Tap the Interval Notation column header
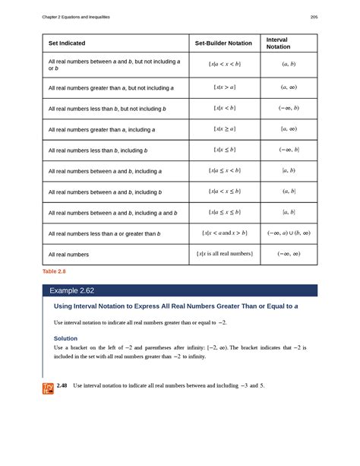(277, 43)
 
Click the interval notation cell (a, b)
(289, 65)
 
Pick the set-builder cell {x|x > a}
(224, 88)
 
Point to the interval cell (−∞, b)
(289, 109)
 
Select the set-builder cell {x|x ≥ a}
(224, 130)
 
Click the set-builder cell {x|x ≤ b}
(224, 151)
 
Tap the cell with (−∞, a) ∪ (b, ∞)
(289, 233)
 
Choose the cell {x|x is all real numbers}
(224, 253)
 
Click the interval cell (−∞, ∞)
(289, 253)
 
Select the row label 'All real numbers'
(68, 254)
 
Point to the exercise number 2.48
(62, 386)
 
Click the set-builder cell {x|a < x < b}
(224, 65)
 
